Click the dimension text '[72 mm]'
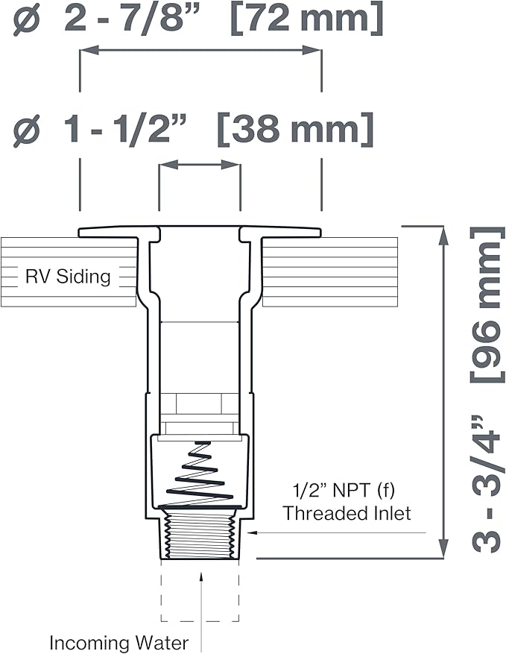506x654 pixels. (x=306, y=18)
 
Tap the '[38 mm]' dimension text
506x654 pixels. (x=295, y=128)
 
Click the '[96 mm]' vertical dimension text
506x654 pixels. (x=486, y=304)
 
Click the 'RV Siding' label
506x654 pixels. (x=68, y=277)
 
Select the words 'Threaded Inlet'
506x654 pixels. (x=347, y=513)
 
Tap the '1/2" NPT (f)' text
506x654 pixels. (x=344, y=491)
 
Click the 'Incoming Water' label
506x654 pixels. (x=118, y=643)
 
